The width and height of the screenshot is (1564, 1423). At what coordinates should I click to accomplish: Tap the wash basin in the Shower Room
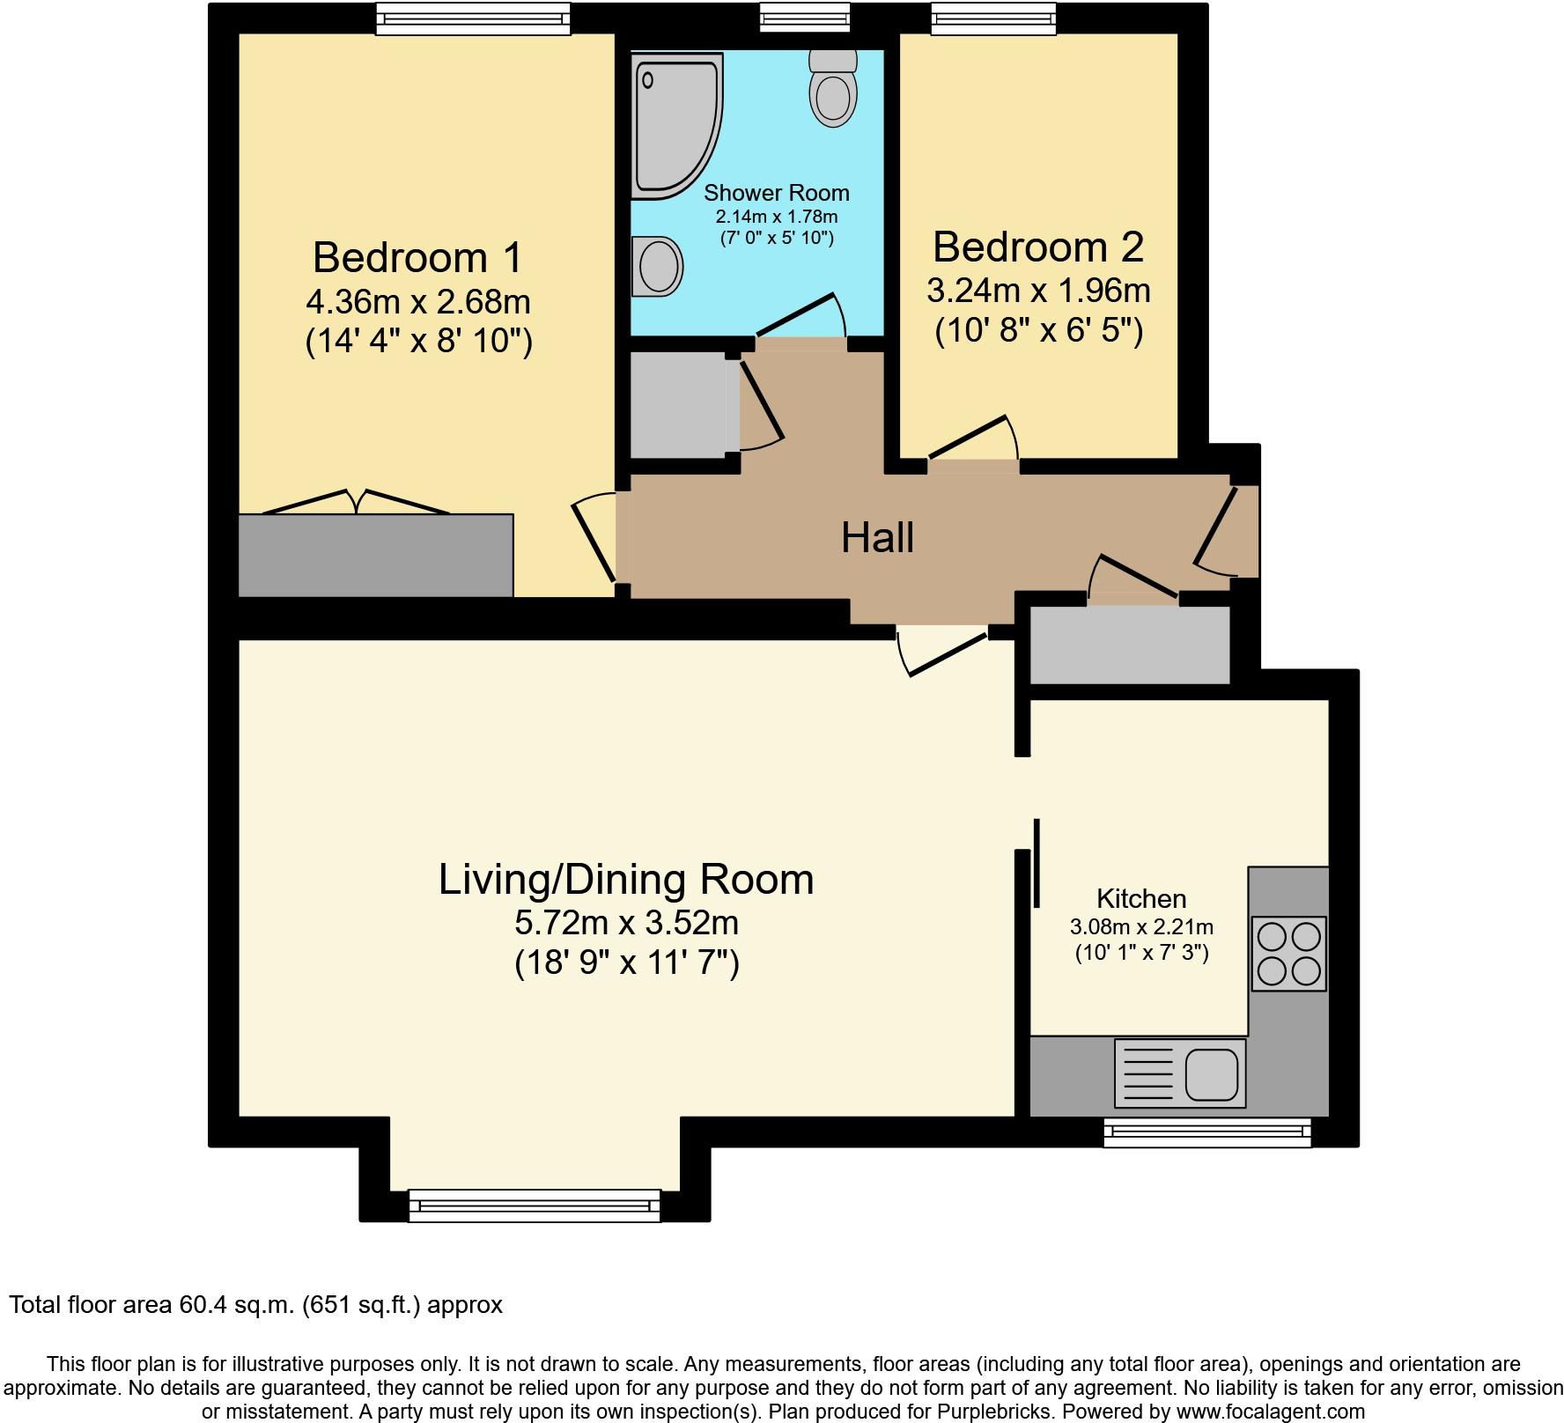coord(658,264)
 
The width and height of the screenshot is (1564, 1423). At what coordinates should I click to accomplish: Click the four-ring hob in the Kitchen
coord(1288,954)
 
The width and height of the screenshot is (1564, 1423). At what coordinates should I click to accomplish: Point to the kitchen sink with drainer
coord(1180,1073)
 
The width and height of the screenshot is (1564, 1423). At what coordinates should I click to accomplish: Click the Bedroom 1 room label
coord(417,258)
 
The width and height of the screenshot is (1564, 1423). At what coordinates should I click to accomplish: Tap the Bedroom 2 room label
coord(1038,247)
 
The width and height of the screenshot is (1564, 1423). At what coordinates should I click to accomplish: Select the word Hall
coord(877,537)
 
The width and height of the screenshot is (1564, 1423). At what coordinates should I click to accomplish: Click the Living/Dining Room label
coord(626,880)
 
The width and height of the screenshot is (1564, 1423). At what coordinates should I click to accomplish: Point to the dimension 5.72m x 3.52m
coord(626,923)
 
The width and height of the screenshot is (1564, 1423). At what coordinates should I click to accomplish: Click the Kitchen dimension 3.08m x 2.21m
coord(1141,927)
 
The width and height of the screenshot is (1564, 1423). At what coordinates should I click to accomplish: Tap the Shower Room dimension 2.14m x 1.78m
coord(776,217)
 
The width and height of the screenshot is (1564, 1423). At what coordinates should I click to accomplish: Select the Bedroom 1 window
coord(473,18)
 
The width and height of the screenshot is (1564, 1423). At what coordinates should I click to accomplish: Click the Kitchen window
coord(1207,1132)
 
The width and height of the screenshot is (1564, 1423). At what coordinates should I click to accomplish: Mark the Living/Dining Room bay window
coord(535,1205)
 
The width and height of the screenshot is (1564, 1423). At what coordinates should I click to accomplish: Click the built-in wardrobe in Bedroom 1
coord(376,556)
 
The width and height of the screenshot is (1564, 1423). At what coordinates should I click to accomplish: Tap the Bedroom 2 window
coord(993,18)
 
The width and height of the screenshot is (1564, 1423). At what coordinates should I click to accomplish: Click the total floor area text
coord(256,1305)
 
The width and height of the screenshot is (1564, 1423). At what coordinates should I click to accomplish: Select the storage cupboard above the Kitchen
coord(1130,645)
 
